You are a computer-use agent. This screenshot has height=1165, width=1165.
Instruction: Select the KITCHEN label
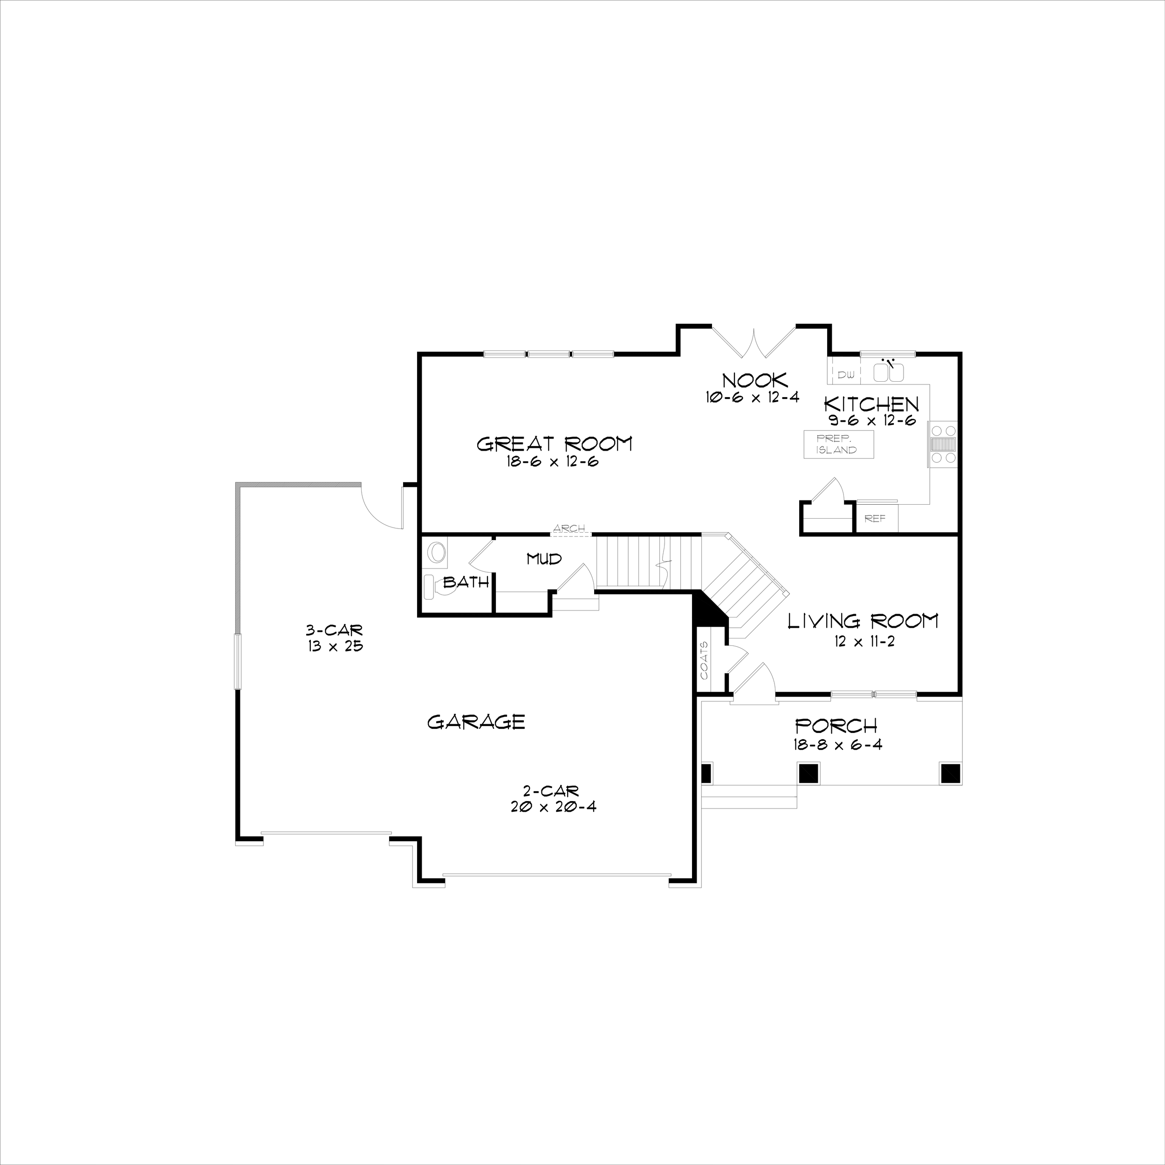[x=871, y=404]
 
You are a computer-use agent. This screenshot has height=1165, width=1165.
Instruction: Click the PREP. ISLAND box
[x=838, y=445]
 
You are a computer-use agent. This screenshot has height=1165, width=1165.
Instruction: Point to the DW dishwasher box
[x=846, y=375]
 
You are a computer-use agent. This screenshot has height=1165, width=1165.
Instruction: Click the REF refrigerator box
[x=876, y=519]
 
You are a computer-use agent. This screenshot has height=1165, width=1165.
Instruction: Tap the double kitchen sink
[x=888, y=372]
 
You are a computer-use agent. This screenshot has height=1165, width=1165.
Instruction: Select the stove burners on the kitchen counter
[x=944, y=445]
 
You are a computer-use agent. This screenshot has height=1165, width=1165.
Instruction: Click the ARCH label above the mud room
[x=569, y=529]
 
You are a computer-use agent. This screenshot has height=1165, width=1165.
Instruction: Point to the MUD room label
[x=544, y=559]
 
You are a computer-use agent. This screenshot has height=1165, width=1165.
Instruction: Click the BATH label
[x=466, y=582]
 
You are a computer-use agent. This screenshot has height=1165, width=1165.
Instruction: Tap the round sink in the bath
[x=437, y=552]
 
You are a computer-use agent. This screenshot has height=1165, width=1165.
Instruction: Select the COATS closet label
[x=704, y=660]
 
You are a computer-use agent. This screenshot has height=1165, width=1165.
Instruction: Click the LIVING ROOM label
[x=863, y=621]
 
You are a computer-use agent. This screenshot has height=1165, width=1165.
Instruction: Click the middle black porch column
[x=808, y=773]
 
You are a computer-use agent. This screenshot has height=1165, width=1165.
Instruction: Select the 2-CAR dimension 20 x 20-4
[x=553, y=807]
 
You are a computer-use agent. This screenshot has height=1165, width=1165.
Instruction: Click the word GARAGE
[x=476, y=722]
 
